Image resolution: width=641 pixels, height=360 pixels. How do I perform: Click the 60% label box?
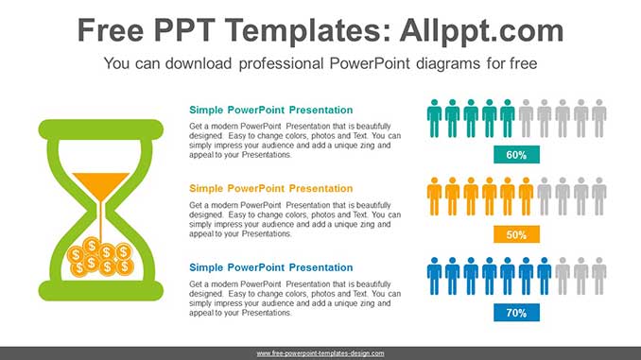point(516,155)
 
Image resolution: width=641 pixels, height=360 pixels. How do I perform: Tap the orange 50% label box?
point(516,234)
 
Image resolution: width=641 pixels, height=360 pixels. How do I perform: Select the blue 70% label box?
point(516,313)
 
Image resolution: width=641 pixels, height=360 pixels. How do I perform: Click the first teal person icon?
point(434,118)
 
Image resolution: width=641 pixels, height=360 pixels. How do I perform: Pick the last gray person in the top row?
point(598,118)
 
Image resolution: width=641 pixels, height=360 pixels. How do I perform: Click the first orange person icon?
point(434,197)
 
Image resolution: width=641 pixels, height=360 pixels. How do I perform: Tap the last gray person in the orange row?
point(598,197)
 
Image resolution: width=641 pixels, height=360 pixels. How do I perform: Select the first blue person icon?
point(434,275)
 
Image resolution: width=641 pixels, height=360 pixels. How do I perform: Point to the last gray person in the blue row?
point(598,275)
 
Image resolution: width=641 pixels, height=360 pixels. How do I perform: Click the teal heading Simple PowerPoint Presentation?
point(270,111)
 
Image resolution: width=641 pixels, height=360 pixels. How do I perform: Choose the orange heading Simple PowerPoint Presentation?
point(270,189)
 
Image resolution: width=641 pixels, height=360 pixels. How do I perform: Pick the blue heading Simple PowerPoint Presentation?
point(270,267)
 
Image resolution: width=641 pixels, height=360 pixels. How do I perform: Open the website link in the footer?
point(320,353)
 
